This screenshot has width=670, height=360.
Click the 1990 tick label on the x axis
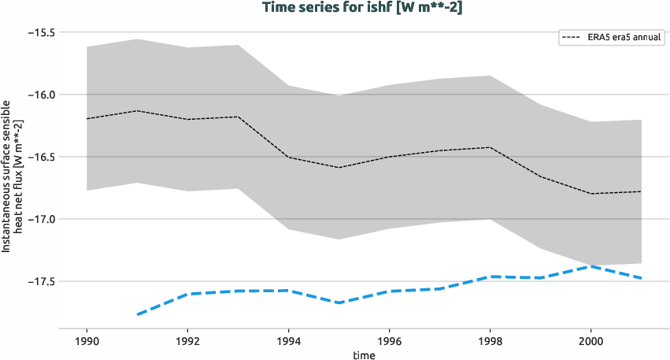[x=87, y=343]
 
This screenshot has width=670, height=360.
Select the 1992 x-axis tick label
[x=187, y=343]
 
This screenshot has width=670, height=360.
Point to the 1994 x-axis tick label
[x=288, y=343]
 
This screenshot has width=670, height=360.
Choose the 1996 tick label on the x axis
[x=389, y=343]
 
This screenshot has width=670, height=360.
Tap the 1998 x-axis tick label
[x=490, y=343]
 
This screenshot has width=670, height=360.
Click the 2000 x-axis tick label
[x=591, y=343]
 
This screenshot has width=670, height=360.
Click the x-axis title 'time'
[x=364, y=355]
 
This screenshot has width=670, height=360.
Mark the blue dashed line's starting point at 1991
[x=137, y=315]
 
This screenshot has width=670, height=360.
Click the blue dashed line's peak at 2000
[x=591, y=266]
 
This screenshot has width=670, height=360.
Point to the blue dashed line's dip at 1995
[x=339, y=302]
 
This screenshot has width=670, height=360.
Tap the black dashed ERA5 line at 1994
[x=288, y=157]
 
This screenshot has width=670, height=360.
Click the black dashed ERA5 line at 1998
[x=490, y=147]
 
